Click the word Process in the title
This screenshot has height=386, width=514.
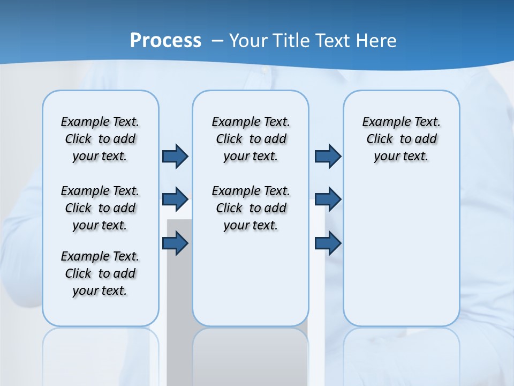(165, 40)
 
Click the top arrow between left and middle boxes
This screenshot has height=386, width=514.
(175, 156)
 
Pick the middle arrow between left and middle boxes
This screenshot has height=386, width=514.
(175, 199)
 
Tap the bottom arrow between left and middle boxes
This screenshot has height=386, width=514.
(175, 243)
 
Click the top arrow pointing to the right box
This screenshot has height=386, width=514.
(328, 156)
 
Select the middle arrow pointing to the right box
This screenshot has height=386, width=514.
(328, 199)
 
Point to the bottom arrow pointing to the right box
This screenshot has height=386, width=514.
(328, 243)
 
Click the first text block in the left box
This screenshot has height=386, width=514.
(100, 139)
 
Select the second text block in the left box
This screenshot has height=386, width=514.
(100, 208)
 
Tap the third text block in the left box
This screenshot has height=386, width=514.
(100, 273)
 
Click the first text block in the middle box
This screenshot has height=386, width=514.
(251, 139)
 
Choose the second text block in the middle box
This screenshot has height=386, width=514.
(251, 208)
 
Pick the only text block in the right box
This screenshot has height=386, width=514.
(401, 139)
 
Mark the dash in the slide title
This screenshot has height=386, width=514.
(217, 41)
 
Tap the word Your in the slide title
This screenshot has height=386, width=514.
(249, 40)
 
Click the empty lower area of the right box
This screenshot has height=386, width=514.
(401, 252)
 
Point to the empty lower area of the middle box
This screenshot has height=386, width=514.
(251, 279)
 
